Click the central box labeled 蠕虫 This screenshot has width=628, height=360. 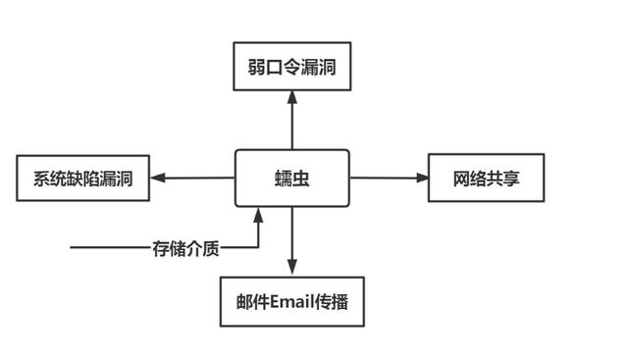[291, 179]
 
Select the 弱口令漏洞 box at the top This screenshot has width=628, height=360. [291, 66]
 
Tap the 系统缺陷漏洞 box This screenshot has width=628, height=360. [83, 179]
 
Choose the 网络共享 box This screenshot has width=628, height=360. [486, 179]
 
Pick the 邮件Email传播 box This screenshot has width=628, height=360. [291, 302]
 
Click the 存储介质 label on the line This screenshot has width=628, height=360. [185, 248]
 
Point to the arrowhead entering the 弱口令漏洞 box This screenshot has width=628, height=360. [291, 96]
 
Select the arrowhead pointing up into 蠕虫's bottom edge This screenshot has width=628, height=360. [258, 215]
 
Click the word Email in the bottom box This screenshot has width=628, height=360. [291, 302]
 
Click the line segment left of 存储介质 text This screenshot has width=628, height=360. [108, 248]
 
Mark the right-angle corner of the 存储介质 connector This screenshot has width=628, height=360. [258, 248]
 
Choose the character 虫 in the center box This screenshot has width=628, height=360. [301, 179]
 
